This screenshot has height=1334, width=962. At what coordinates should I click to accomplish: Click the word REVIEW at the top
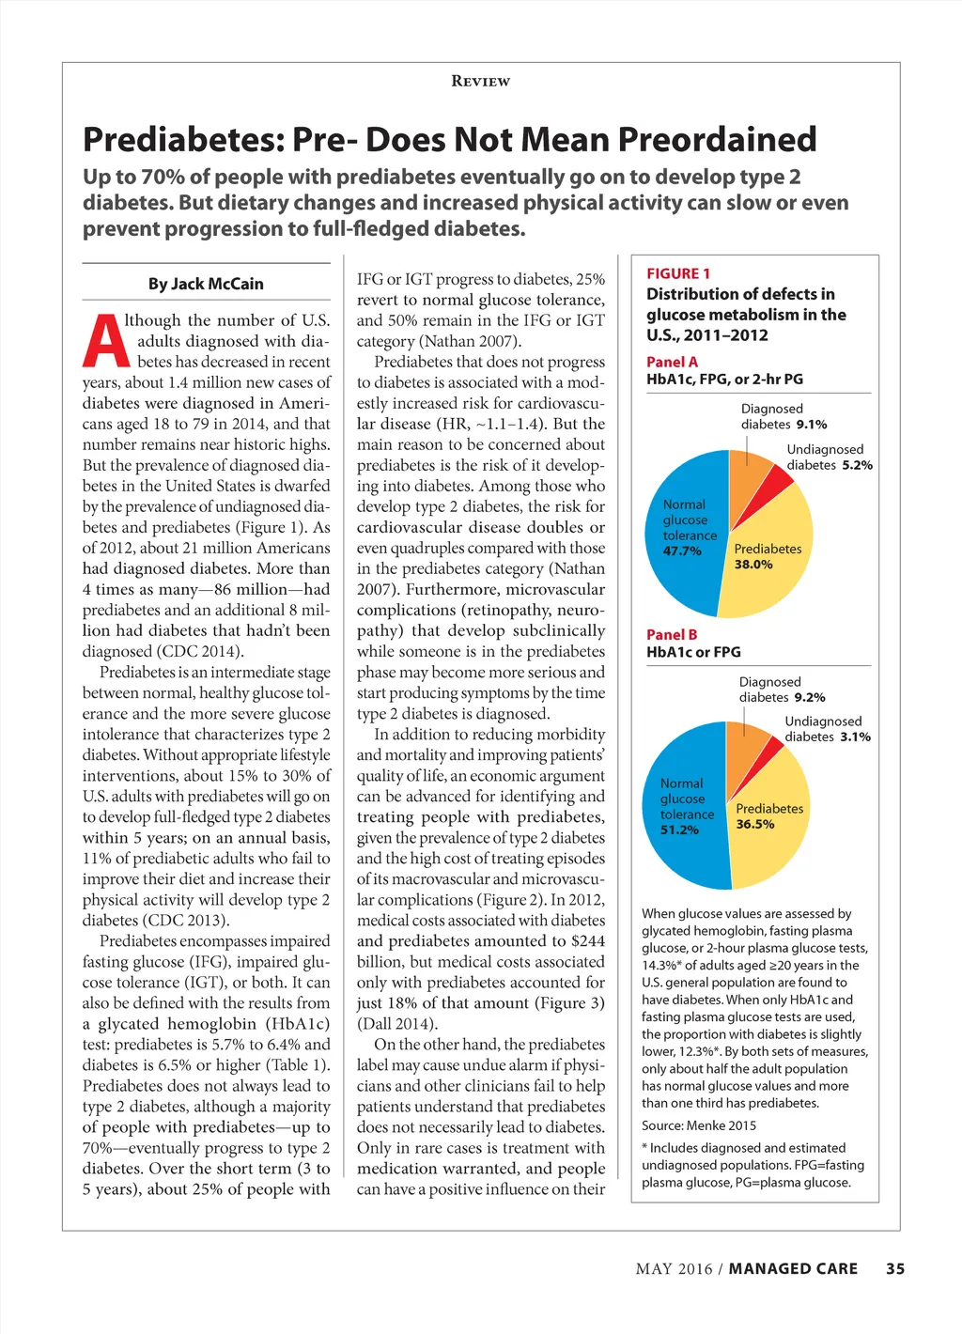pyautogui.click(x=480, y=82)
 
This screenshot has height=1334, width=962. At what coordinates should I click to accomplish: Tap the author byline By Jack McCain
pyautogui.click(x=206, y=284)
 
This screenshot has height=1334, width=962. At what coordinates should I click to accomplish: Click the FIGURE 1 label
pyautogui.click(x=678, y=273)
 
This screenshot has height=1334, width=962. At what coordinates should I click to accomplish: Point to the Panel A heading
pyautogui.click(x=672, y=362)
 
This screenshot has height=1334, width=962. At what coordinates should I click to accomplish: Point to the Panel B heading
pyautogui.click(x=672, y=634)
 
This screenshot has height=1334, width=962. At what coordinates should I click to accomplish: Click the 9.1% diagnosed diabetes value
pyautogui.click(x=812, y=425)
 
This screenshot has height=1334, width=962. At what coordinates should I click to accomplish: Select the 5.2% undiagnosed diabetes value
pyautogui.click(x=857, y=465)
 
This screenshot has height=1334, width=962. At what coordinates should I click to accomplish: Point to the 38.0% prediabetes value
pyautogui.click(x=753, y=565)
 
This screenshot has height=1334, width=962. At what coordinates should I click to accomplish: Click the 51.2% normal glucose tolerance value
pyautogui.click(x=679, y=830)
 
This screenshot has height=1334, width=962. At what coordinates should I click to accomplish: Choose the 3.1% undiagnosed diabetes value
pyautogui.click(x=855, y=737)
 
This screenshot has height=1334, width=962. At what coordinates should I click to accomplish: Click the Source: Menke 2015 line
pyautogui.click(x=699, y=1125)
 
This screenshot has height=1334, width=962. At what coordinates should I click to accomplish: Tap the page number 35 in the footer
pyautogui.click(x=895, y=1268)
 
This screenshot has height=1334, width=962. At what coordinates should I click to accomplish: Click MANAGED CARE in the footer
pyautogui.click(x=793, y=1268)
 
